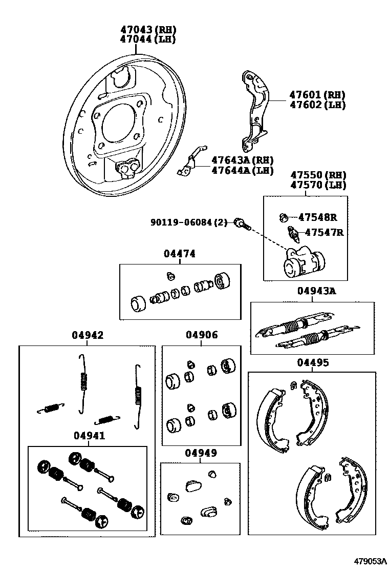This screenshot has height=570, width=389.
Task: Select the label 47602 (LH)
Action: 317,105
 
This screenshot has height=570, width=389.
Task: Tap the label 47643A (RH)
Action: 242,160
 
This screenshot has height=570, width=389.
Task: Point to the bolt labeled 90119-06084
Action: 241,223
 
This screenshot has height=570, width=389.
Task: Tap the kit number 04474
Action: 180,254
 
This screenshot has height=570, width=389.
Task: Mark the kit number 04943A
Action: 316,291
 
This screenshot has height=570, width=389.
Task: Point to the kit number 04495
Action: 313,362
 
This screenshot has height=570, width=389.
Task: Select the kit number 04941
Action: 89,436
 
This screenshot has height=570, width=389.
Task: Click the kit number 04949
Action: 201,453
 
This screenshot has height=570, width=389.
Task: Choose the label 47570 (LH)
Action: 318,185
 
